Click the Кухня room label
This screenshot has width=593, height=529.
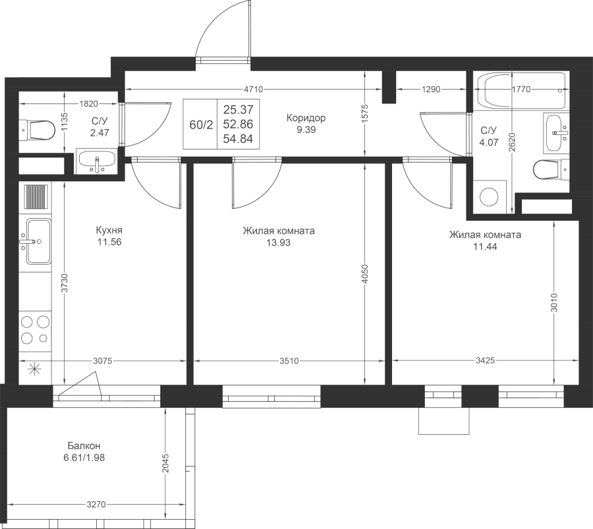(109, 231)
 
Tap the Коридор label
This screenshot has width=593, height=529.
(306, 118)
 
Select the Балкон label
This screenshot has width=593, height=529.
(84, 445)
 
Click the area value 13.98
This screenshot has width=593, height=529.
(278, 242)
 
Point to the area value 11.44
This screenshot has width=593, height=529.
(485, 246)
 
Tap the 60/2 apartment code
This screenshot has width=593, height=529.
(201, 125)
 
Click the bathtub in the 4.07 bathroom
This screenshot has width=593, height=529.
(521, 92)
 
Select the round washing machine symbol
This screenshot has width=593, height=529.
(490, 197)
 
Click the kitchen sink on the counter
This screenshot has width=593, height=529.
(37, 241)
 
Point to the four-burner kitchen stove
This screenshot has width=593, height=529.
(36, 330)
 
